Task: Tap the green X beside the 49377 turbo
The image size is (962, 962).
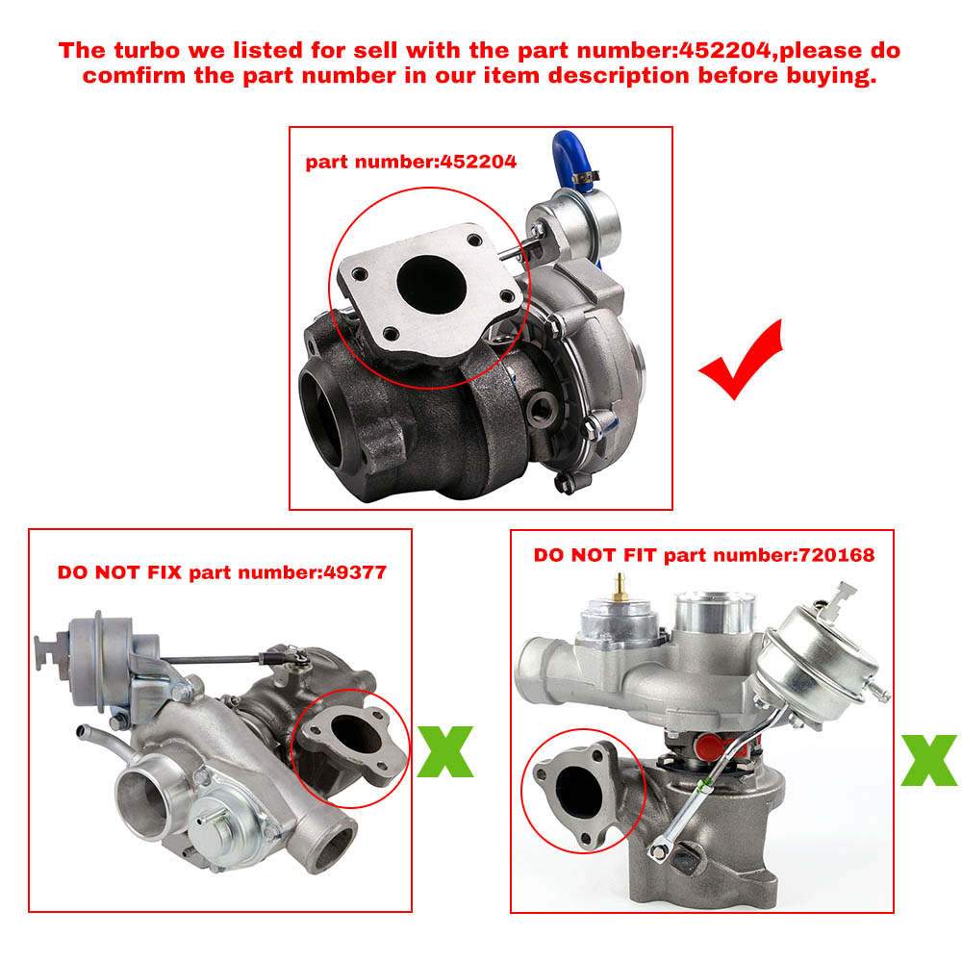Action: click(445, 751)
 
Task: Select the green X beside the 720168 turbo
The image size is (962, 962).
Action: click(928, 760)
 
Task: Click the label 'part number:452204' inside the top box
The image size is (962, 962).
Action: click(411, 162)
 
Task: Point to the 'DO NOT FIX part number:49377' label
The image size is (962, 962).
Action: click(221, 572)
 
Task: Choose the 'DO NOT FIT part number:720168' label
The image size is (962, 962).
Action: click(703, 555)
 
